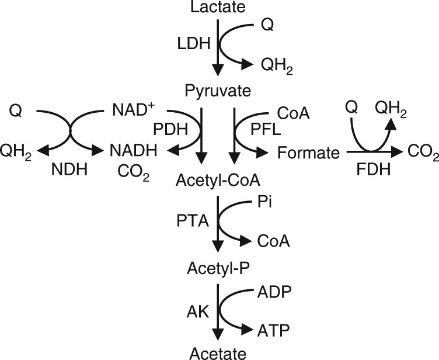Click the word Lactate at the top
218,8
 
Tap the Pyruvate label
217,92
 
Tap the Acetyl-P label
217,269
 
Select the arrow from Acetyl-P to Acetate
217,309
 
